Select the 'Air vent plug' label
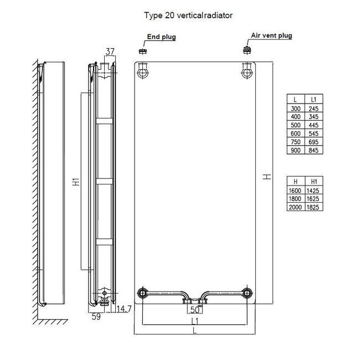271,35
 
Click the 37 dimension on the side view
110,52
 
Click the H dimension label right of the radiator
267,176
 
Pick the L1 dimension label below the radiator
194,321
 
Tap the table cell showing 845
313,150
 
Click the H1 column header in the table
313,180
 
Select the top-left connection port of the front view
144,72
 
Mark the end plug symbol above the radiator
142,51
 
